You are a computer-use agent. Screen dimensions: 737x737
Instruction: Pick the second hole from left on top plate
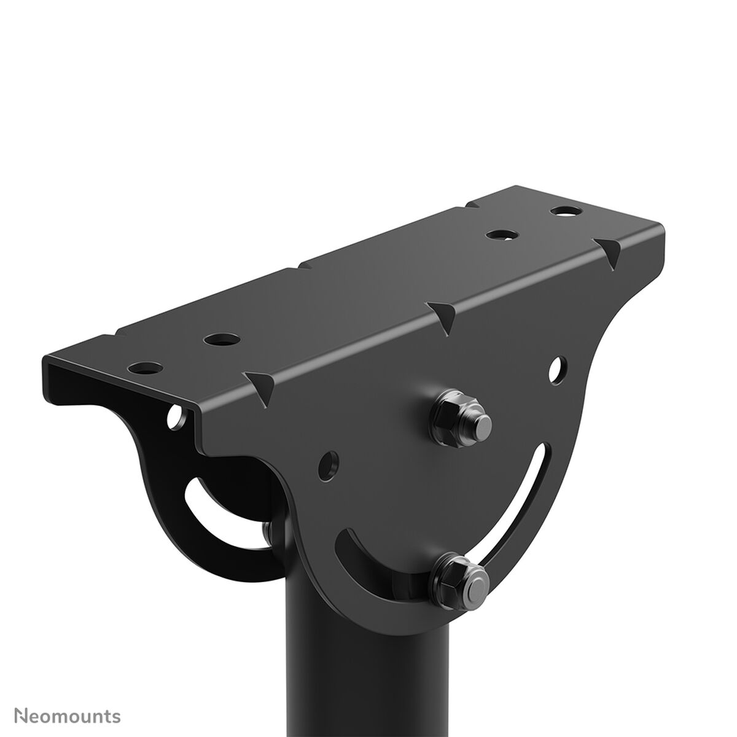tap(222, 338)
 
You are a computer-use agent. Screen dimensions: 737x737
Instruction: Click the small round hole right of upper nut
tap(558, 368)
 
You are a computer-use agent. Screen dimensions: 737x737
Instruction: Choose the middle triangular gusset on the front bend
tap(441, 314)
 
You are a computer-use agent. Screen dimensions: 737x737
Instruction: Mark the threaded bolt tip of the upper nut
tap(482, 423)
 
